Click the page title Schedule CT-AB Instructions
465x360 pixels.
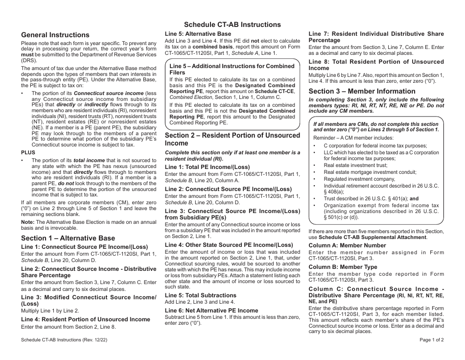tap(232, 24)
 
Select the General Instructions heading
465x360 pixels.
tap(55, 35)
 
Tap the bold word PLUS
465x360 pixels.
tap(28, 152)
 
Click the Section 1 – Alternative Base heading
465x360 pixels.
tap(68, 238)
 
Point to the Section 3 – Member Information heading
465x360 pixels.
tap(362, 91)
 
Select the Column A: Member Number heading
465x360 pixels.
tap(347, 245)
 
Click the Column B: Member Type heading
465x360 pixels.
tap(343, 267)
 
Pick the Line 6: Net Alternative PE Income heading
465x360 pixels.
tap(211, 310)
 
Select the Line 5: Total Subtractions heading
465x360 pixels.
tap(200, 295)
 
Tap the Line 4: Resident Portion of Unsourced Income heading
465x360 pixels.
tap(86, 319)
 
